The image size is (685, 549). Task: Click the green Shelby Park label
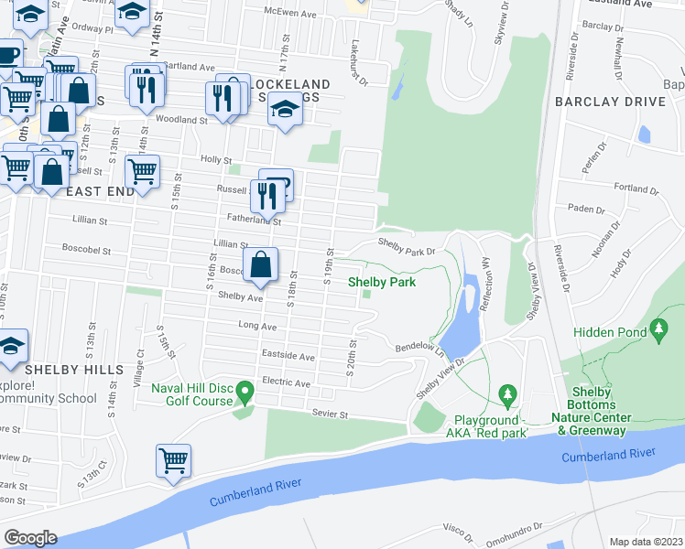click(382, 282)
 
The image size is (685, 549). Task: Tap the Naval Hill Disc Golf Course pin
click(244, 393)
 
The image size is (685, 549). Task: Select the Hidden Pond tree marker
click(658, 328)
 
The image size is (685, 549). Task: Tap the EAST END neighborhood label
click(101, 191)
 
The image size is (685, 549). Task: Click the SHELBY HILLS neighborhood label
click(73, 369)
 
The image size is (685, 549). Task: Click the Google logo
click(30, 537)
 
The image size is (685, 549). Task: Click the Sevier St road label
click(331, 414)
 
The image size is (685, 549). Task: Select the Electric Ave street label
click(286, 381)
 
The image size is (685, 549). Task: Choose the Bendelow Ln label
click(419, 350)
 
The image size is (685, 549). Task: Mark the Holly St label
click(215, 159)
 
